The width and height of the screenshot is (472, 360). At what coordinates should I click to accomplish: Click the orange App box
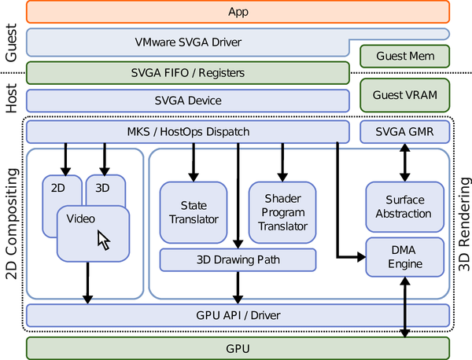[x=238, y=12]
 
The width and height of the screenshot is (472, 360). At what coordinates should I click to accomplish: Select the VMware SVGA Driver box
[x=189, y=42]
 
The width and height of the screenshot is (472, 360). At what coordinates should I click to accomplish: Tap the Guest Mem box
[x=404, y=57]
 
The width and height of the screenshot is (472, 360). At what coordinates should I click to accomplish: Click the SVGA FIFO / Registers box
[x=187, y=72]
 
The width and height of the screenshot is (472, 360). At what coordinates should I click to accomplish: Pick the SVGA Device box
[x=187, y=101]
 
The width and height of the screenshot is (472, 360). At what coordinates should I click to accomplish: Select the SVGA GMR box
[x=404, y=131]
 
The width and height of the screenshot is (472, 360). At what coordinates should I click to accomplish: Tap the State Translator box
[x=194, y=212]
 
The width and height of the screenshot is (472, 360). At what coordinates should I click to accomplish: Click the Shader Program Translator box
[x=282, y=212]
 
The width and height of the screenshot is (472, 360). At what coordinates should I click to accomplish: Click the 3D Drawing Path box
[x=238, y=259]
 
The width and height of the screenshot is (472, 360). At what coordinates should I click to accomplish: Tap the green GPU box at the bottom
[x=238, y=347]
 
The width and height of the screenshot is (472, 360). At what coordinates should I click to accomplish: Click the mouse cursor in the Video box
[x=103, y=240]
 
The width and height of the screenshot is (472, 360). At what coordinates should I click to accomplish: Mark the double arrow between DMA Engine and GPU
[x=405, y=307]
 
